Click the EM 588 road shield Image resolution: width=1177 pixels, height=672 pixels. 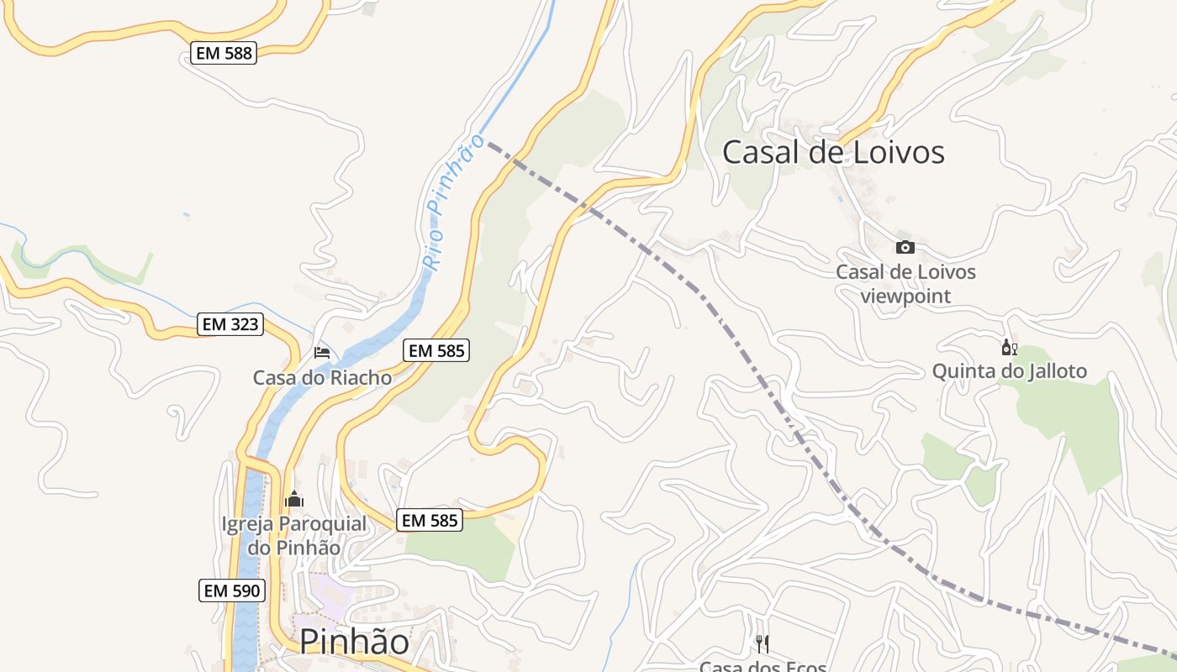[x=223, y=54]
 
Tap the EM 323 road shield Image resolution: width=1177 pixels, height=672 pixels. [x=230, y=324]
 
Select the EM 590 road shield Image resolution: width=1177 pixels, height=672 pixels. [x=233, y=591]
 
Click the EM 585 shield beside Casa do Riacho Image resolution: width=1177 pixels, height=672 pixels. [x=435, y=350]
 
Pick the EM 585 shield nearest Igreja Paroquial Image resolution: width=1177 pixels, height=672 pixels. [x=430, y=521]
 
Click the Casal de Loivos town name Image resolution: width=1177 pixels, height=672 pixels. [x=833, y=152]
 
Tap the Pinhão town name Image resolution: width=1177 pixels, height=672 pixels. [x=354, y=642]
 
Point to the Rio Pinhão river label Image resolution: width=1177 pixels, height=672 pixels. [x=454, y=202]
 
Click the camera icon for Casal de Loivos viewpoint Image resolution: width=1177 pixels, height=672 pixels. [x=905, y=247]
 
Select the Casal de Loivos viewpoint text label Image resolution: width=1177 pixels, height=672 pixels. [x=905, y=284]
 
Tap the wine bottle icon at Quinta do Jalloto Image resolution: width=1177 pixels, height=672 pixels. [x=1009, y=348]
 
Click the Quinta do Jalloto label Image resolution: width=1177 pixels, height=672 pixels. [x=1009, y=371]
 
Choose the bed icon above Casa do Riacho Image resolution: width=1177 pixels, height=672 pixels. [x=322, y=352]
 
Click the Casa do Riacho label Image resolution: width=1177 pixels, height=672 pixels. [x=322, y=378]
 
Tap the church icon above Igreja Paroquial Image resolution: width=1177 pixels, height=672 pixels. [x=293, y=500]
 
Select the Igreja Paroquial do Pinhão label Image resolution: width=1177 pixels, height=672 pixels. [x=293, y=536]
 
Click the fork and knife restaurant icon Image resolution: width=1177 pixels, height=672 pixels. [x=763, y=644]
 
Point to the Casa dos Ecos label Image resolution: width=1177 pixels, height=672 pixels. [x=763, y=666]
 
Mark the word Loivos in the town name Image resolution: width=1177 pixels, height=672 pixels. [x=897, y=152]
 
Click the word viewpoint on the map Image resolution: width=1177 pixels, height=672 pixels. [x=905, y=297]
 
